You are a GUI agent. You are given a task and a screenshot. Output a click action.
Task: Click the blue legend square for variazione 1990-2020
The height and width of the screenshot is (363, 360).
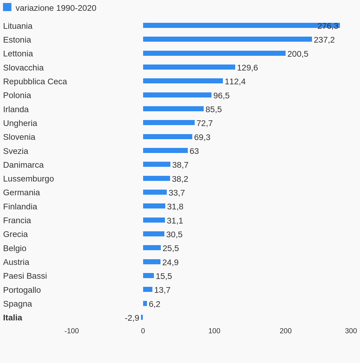tap(7, 7)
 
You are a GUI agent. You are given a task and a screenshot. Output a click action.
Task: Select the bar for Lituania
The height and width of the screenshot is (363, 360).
tap(228, 25)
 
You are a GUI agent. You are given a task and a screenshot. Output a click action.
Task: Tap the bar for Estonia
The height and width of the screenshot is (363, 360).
tap(227, 39)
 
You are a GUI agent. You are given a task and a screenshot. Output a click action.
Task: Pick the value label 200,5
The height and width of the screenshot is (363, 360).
tap(298, 54)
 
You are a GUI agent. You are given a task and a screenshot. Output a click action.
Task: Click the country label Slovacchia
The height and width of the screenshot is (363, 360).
tap(23, 68)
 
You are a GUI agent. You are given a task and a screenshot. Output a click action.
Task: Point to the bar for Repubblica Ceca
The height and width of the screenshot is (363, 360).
tap(183, 81)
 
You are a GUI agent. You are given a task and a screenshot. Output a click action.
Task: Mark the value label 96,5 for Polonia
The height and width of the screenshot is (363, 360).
tap(221, 96)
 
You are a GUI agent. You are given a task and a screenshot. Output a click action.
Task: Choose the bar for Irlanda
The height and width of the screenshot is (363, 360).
tap(173, 109)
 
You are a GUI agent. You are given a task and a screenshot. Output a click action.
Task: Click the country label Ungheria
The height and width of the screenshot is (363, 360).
tap(20, 123)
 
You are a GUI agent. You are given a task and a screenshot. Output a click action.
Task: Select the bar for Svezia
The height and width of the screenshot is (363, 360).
tap(165, 151)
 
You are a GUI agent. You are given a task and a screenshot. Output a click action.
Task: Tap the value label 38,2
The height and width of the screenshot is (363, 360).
tap(180, 179)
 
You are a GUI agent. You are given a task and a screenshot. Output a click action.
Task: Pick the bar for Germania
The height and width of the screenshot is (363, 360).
tap(155, 192)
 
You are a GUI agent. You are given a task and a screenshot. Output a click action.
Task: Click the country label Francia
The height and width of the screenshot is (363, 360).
tap(17, 220)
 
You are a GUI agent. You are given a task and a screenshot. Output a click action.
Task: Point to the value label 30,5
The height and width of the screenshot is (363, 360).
tap(174, 235)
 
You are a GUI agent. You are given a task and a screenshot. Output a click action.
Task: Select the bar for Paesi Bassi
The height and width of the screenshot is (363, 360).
tap(148, 276)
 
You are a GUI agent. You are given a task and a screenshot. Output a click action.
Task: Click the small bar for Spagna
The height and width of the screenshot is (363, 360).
tap(145, 304)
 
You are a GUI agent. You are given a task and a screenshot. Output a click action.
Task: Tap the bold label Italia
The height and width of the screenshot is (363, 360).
tap(13, 318)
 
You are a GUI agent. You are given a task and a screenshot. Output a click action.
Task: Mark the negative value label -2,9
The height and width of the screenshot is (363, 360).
tap(132, 318)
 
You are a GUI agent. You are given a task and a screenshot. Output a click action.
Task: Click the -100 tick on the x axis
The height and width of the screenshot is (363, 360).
tap(72, 331)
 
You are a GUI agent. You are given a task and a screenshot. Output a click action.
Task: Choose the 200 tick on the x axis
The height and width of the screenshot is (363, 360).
tap(286, 331)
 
